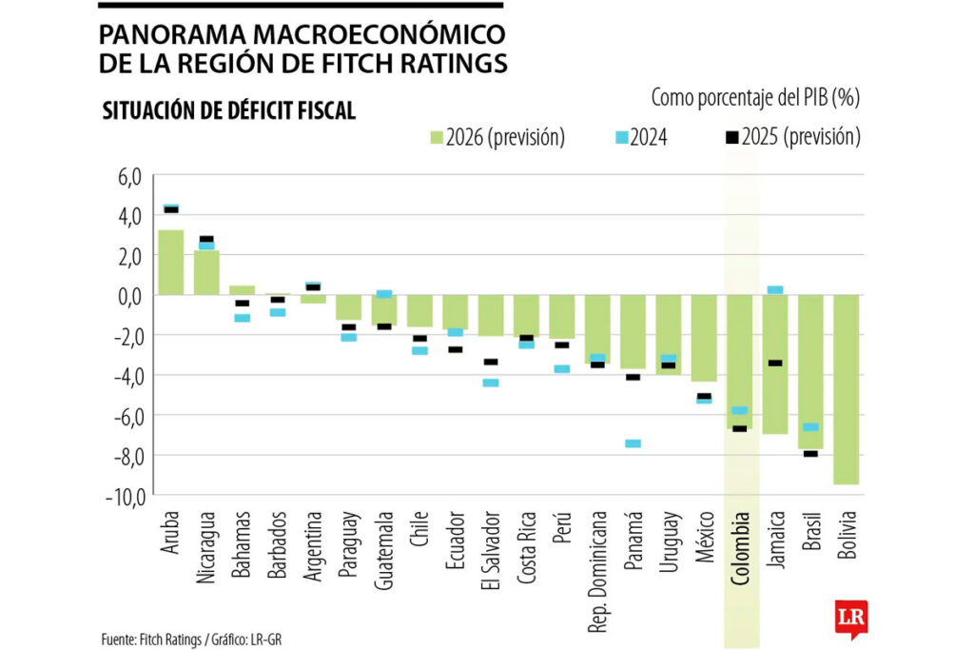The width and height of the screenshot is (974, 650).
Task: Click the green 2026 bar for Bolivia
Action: [847, 389]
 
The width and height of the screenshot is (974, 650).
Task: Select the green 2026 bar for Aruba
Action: [171, 262]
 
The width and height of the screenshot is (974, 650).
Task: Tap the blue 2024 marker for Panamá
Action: [633, 443]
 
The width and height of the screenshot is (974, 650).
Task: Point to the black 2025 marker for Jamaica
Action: [775, 363]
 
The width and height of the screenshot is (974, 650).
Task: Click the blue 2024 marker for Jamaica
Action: [775, 289]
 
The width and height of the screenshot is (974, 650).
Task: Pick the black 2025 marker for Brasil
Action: [810, 453]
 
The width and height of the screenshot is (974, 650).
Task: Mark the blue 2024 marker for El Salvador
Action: [491, 383]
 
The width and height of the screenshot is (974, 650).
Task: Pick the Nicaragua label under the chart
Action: [207, 548]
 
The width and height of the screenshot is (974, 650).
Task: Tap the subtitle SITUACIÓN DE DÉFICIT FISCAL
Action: [228, 111]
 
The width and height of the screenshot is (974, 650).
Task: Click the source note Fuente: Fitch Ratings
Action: [152, 637]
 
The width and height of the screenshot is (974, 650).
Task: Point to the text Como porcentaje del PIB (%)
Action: [755, 96]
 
